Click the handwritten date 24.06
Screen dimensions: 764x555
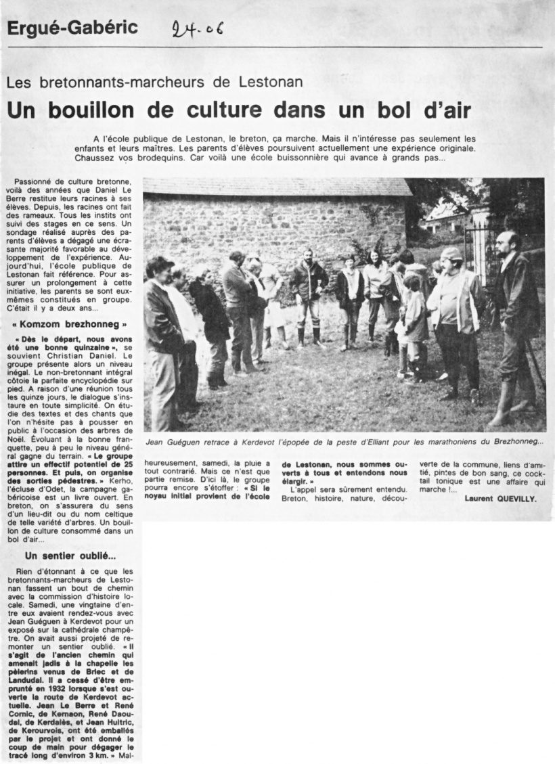click(x=198, y=29)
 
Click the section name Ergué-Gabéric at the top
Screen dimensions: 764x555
click(x=72, y=28)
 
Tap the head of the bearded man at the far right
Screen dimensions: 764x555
click(x=507, y=242)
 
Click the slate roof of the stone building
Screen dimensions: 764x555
click(x=271, y=187)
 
